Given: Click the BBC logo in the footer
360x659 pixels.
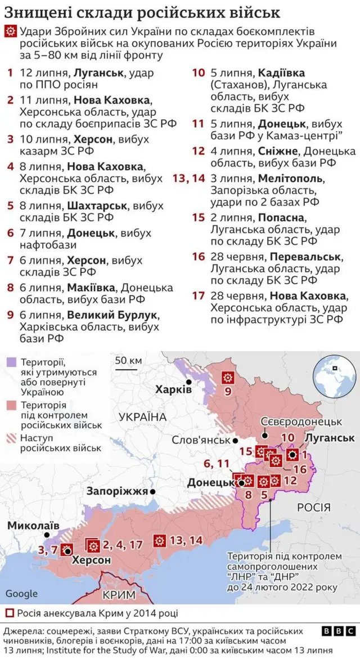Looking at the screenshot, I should [339, 631].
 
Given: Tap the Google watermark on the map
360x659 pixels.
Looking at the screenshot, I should [22, 593].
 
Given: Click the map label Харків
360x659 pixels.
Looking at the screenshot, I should [174, 389].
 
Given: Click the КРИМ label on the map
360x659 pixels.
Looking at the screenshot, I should [119, 594].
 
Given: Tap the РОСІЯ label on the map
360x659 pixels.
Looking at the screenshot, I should [313, 508].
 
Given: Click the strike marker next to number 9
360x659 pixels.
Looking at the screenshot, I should [228, 377].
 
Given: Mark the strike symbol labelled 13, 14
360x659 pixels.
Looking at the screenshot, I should [160, 540].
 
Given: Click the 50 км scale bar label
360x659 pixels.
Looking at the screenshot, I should [128, 360].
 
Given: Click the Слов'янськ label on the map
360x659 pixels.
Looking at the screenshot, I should [202, 441].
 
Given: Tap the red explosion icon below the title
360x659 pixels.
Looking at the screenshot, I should [10, 32].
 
